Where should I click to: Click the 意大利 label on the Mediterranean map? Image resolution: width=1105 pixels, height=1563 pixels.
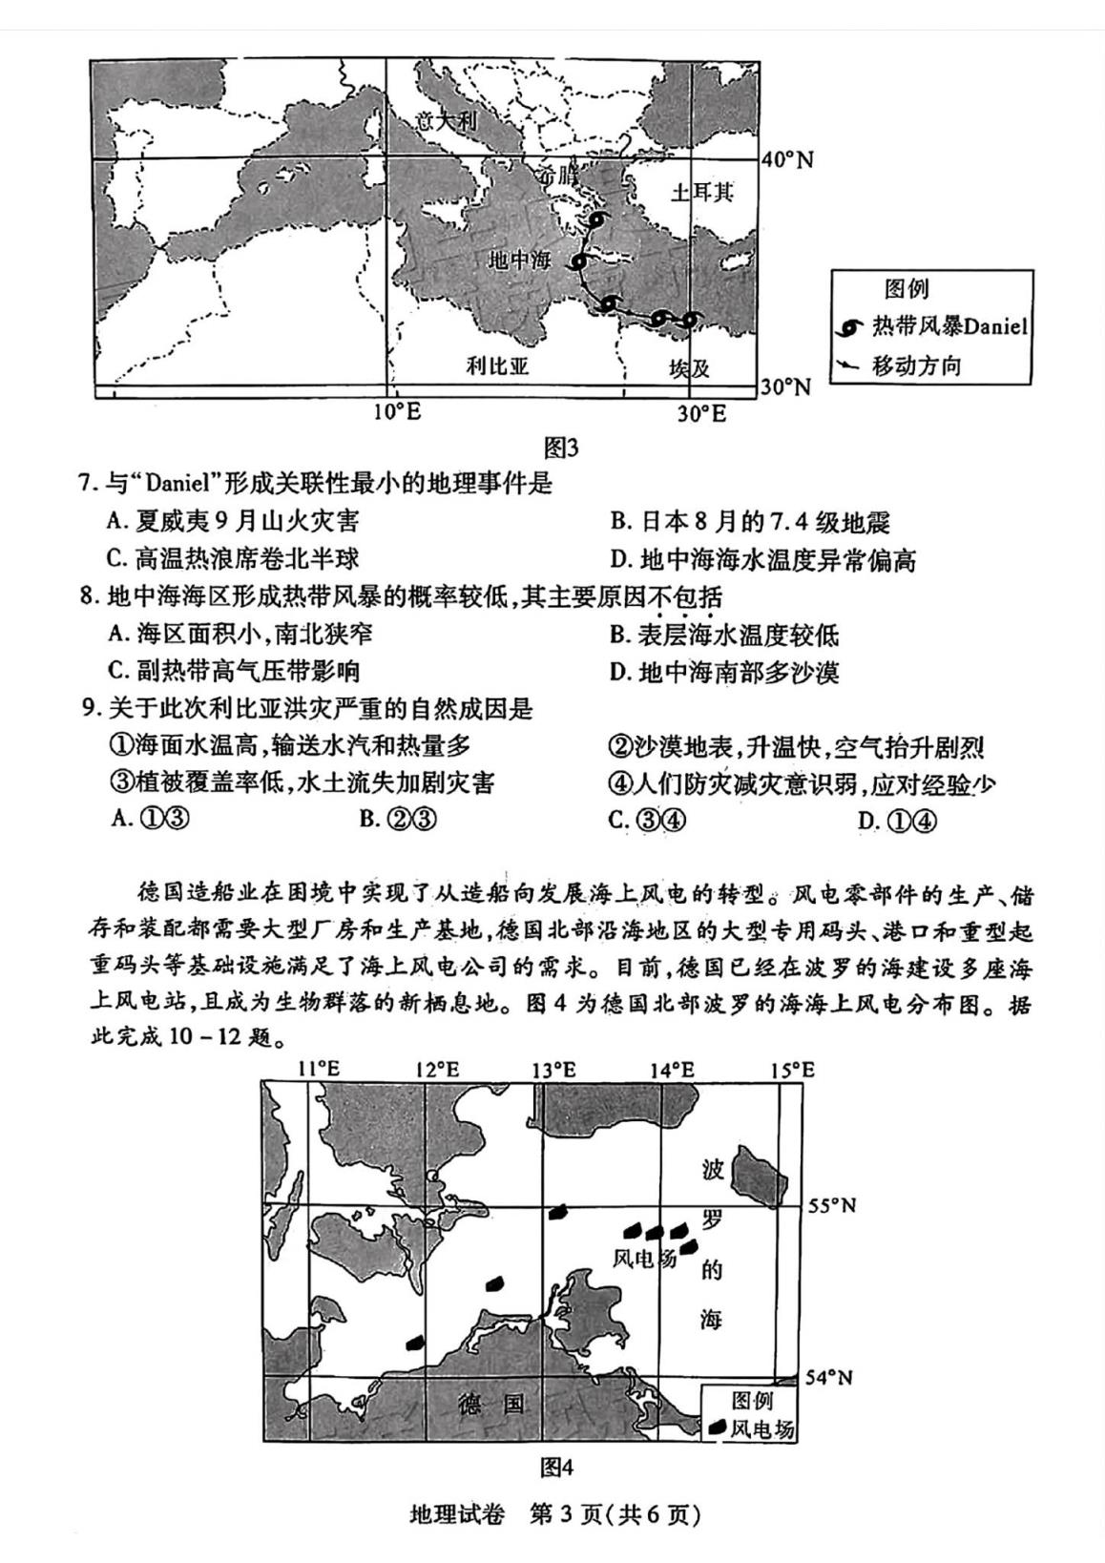point(448,121)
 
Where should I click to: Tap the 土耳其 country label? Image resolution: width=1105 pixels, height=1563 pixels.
point(702,192)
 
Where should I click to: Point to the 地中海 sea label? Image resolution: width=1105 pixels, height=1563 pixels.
point(520,260)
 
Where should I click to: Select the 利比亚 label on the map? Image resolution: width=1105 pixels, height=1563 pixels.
point(497,366)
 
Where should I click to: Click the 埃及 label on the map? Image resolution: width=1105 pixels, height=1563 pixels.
point(689,368)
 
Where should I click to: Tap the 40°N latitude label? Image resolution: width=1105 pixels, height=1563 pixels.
point(787,159)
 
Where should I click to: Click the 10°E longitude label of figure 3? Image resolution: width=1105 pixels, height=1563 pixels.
point(397,413)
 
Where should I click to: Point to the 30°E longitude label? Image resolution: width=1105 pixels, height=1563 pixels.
point(701,413)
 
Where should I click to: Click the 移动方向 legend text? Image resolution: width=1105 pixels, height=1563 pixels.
point(916,366)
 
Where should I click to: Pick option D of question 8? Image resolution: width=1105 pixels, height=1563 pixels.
point(724,673)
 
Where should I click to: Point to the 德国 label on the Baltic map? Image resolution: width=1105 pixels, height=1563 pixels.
point(490,1405)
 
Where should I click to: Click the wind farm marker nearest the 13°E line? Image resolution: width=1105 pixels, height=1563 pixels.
point(557,1213)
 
